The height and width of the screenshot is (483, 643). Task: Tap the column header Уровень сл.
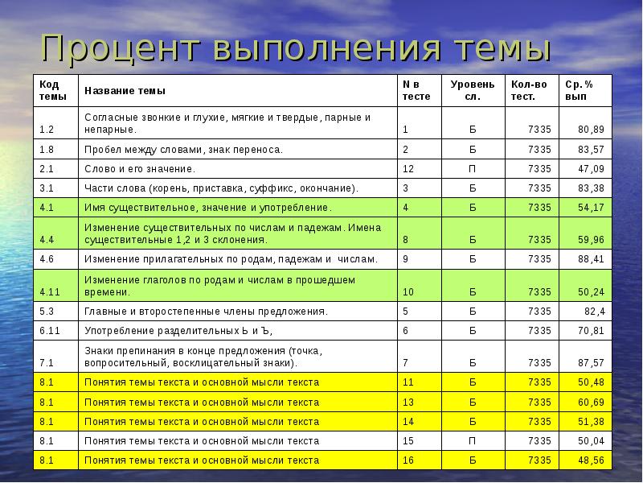[x=467, y=89]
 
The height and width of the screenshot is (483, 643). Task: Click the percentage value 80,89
[x=591, y=129]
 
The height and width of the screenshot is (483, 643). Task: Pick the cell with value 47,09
[x=591, y=169]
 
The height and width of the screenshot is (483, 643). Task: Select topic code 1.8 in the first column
[x=46, y=149]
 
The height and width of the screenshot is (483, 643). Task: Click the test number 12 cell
[x=408, y=169]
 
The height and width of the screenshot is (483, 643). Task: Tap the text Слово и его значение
[x=140, y=169]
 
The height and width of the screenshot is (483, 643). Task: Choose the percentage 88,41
[x=591, y=259]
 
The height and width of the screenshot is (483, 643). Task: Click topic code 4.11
[x=48, y=291]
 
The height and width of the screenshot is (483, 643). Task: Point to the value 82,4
[x=595, y=311]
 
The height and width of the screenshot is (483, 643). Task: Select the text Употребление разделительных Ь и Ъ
[x=179, y=331]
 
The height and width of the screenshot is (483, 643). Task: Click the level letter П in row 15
[x=473, y=441]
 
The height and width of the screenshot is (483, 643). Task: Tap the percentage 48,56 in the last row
[x=591, y=460]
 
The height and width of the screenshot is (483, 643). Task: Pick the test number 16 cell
[x=408, y=460]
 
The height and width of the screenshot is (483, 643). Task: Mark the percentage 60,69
[x=591, y=402]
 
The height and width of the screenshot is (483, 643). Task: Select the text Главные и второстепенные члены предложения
[x=206, y=311]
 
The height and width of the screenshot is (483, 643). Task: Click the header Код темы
[x=48, y=89]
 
